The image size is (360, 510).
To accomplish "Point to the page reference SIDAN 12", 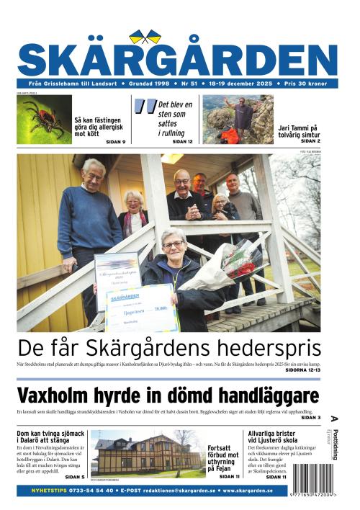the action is click(x=182, y=141).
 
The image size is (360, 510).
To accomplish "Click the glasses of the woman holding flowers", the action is click(x=173, y=245).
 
